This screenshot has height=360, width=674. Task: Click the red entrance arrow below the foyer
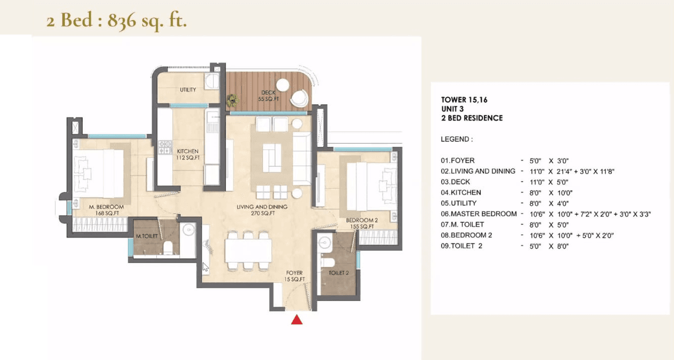[297, 319]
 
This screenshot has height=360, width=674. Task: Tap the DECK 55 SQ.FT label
[267, 96]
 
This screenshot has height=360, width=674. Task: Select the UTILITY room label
[188, 89]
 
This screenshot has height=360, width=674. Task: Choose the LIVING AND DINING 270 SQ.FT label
[262, 210]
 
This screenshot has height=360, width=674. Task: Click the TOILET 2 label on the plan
[338, 273]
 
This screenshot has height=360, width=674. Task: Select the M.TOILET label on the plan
[146, 236]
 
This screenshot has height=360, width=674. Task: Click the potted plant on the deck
[232, 99]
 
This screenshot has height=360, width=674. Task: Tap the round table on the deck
[283, 85]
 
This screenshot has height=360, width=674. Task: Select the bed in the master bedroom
[100, 173]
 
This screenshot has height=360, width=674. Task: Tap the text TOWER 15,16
[461, 99]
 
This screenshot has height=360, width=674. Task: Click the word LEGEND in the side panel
[457, 139]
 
